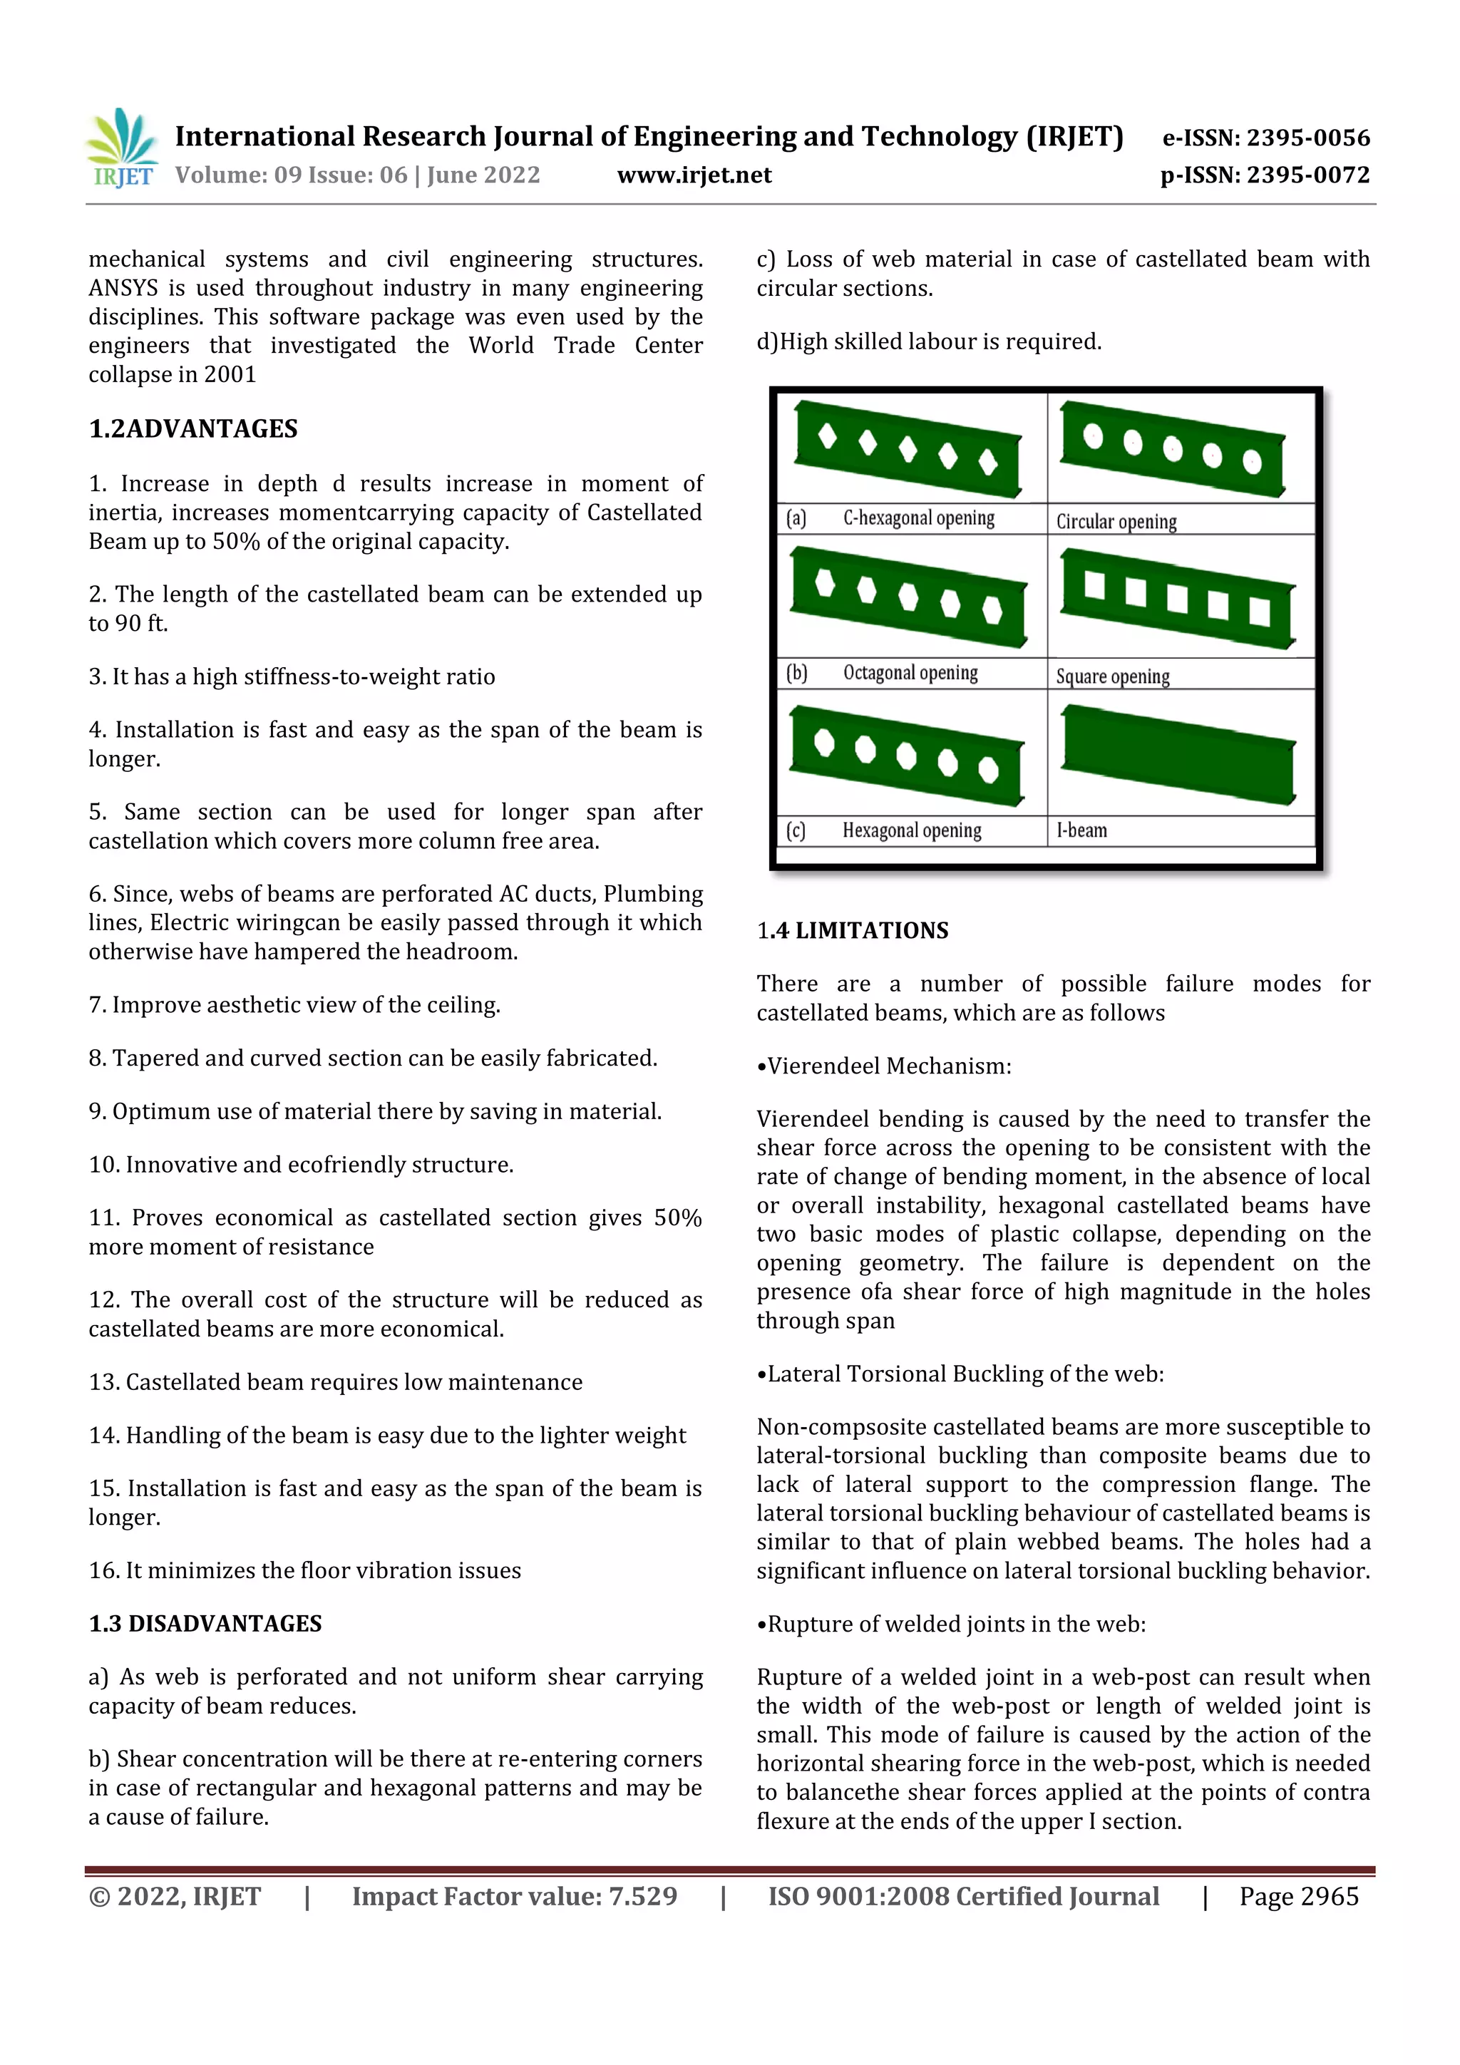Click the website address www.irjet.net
pyautogui.click(x=694, y=175)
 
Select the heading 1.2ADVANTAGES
pyautogui.click(x=192, y=429)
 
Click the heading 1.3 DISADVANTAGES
pyautogui.click(x=205, y=1623)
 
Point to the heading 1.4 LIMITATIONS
pyautogui.click(x=852, y=930)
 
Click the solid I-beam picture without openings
pyautogui.click(x=1178, y=753)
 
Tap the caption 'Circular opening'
pyautogui.click(x=1116, y=522)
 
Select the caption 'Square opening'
pyautogui.click(x=1112, y=676)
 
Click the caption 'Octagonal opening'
pyautogui.click(x=910, y=673)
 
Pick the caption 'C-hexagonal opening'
pyautogui.click(x=917, y=518)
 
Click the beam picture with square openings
pyautogui.click(x=1178, y=598)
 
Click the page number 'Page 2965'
pyautogui.click(x=1298, y=1897)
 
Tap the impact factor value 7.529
pyautogui.click(x=642, y=1897)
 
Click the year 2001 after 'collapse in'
pyautogui.click(x=230, y=374)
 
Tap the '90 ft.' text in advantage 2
pyautogui.click(x=140, y=623)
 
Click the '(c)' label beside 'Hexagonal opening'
pyautogui.click(x=795, y=830)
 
